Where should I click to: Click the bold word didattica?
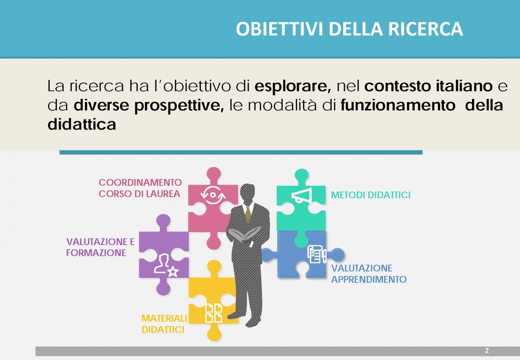click(x=82, y=124)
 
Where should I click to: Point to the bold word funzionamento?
click(x=398, y=105)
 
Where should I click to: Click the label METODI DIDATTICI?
click(x=371, y=195)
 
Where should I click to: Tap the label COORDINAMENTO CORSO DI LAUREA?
click(x=140, y=188)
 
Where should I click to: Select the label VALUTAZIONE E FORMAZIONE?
click(x=100, y=247)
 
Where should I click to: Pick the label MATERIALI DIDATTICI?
click(x=164, y=324)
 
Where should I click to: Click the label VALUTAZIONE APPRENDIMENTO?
click(x=369, y=274)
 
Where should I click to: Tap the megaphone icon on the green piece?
click(x=302, y=195)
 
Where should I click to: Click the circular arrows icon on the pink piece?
click(x=213, y=195)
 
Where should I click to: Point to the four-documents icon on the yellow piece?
click(x=214, y=313)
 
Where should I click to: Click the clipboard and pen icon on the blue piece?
click(x=317, y=254)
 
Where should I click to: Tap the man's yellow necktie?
click(x=248, y=214)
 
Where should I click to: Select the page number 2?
click(x=487, y=350)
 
